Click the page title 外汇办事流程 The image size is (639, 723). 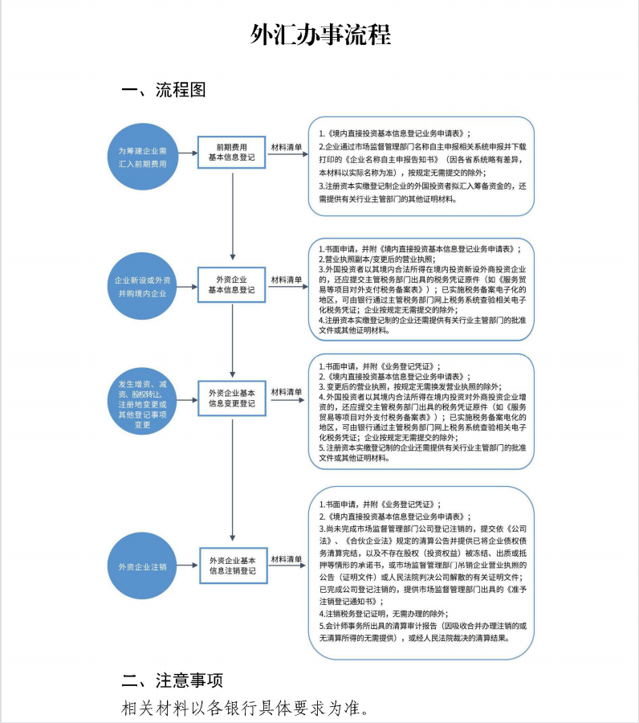(319, 36)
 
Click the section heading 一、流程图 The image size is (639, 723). (164, 90)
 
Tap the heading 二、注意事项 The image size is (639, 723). (172, 681)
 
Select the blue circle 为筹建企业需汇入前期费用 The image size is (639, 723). (142, 157)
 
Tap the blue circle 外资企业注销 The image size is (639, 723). (142, 566)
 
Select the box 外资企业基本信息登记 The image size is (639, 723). (231, 284)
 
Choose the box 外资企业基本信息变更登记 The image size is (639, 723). (231, 398)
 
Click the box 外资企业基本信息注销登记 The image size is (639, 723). (232, 565)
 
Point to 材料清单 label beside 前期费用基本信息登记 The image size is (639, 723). (287, 148)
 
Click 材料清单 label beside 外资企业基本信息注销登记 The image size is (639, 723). (287, 558)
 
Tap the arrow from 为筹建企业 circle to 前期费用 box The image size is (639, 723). (186, 153)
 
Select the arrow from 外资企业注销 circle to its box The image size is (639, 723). (187, 566)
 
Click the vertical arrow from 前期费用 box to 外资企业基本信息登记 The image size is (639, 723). (232, 217)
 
